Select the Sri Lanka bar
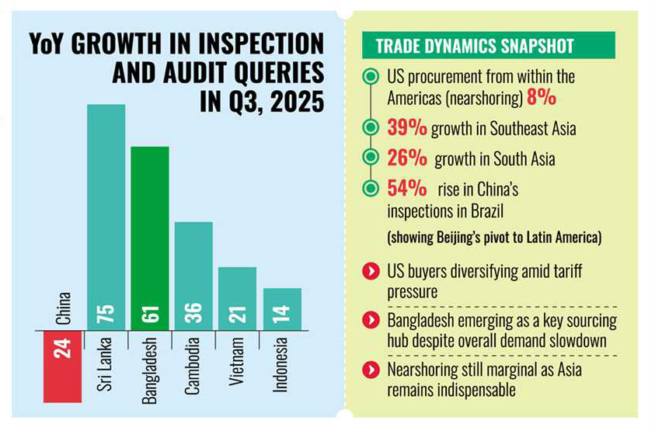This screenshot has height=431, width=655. [x=106, y=217]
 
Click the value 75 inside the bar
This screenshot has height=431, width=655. [x=106, y=313]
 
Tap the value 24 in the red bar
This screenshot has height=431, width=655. [x=63, y=348]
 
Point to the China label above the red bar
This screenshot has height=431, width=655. [x=63, y=308]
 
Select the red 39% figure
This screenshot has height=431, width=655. [x=406, y=128]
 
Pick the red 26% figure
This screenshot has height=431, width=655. [x=406, y=159]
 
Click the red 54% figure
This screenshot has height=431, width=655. [x=406, y=188]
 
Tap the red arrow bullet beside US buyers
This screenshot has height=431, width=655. [x=372, y=272]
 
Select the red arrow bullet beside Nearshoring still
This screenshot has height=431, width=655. [x=372, y=369]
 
